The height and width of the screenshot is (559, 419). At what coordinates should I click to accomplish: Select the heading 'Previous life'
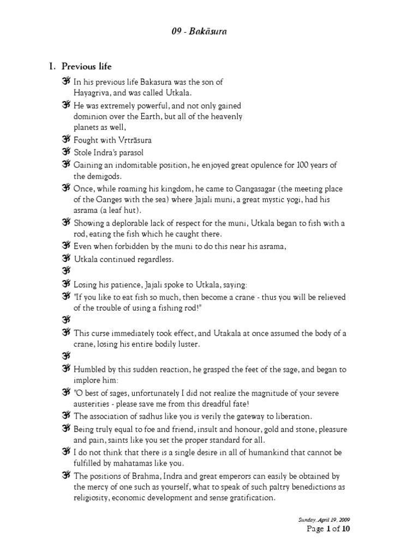(x=86, y=67)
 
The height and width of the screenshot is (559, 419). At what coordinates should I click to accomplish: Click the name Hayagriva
(x=91, y=93)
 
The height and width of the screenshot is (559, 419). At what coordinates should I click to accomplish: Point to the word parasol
(x=130, y=152)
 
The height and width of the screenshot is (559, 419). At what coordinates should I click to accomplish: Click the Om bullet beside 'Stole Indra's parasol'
(x=66, y=152)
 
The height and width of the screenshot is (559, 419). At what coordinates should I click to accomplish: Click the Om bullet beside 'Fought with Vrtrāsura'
(x=66, y=140)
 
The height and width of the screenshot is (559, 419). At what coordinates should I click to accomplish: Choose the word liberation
(x=291, y=415)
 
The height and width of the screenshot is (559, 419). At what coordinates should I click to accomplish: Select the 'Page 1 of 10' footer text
(x=326, y=530)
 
